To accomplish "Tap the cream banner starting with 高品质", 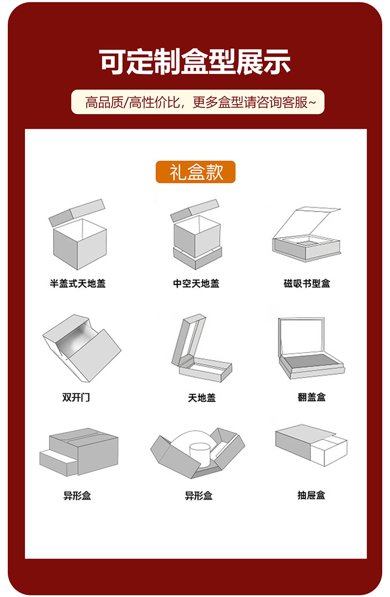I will [x=198, y=102].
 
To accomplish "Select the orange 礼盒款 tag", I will [x=196, y=172].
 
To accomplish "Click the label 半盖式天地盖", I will [x=77, y=284].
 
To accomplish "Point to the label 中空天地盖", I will [x=196, y=284].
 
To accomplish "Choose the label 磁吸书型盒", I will [x=307, y=284].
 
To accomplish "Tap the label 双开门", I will [x=76, y=397].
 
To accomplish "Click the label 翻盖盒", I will [x=311, y=397].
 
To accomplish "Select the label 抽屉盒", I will [x=311, y=495].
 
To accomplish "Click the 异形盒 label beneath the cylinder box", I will [x=199, y=495].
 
